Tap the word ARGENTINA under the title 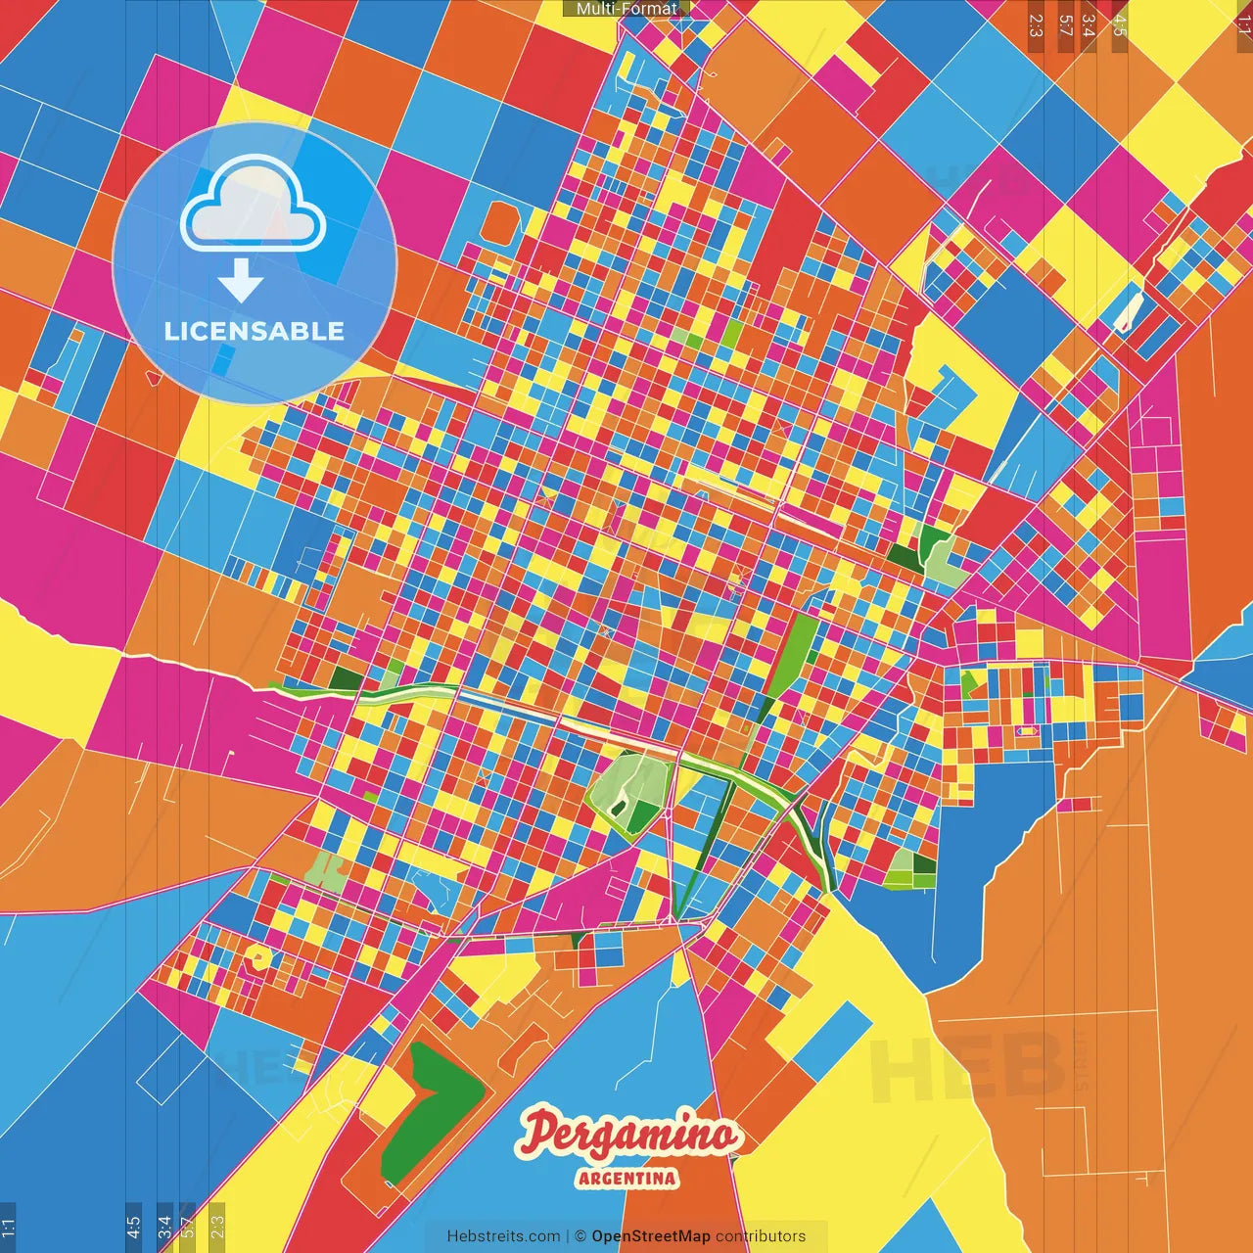point(627,1178)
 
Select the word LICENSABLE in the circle point(255,331)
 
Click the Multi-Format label point(626,9)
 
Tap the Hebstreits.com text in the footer point(503,1236)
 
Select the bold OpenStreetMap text point(651,1236)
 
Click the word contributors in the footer point(761,1236)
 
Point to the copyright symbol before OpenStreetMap point(580,1236)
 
